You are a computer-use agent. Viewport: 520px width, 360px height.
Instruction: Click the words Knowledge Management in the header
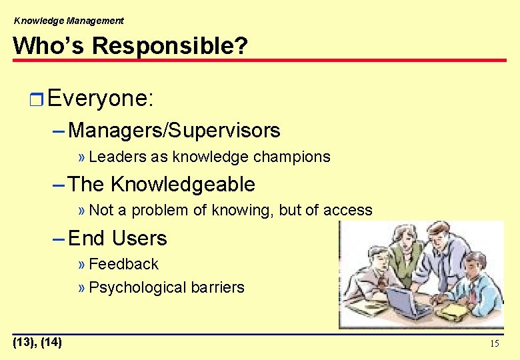pyautogui.click(x=69, y=21)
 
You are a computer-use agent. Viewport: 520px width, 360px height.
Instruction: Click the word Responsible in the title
pyautogui.click(x=170, y=46)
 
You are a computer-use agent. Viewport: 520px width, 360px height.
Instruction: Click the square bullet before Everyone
pyautogui.click(x=37, y=100)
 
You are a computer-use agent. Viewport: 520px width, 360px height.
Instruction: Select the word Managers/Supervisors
pyautogui.click(x=174, y=130)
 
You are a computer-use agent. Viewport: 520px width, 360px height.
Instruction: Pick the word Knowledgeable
pyautogui.click(x=182, y=184)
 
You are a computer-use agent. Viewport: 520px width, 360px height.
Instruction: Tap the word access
pyautogui.click(x=347, y=211)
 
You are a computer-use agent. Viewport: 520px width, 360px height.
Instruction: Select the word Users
pyautogui.click(x=139, y=238)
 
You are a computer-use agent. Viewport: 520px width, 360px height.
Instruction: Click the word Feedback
pyautogui.click(x=123, y=264)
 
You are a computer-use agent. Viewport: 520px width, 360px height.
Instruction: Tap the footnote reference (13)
pyautogui.click(x=25, y=343)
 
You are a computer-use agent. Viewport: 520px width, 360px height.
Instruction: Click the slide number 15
pyautogui.click(x=494, y=344)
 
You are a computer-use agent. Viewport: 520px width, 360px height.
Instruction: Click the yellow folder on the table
pyautogui.click(x=453, y=311)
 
